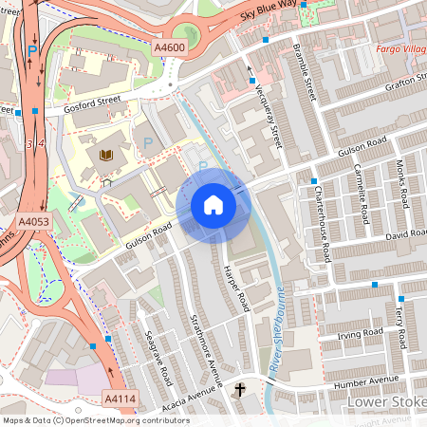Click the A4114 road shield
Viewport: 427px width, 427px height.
coord(119,398)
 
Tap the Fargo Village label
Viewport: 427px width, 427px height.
coord(399,46)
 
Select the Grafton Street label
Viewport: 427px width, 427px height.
coord(391,84)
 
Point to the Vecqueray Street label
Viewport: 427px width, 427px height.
coord(269,115)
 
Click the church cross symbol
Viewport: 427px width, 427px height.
coord(240,388)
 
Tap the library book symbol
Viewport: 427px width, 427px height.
coord(104,154)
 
